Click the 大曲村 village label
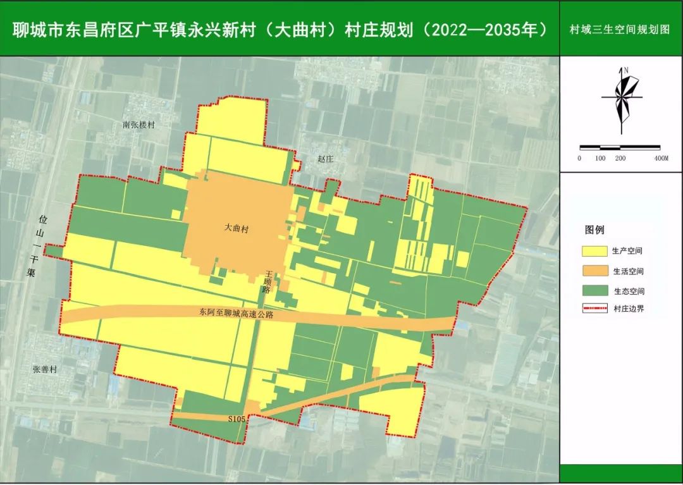tap(236, 229)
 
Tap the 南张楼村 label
tap(138, 125)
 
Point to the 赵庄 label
tap(325, 159)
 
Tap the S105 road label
tap(237, 418)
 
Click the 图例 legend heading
tap(594, 230)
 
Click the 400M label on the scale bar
tap(661, 158)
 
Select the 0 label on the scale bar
tap(579, 158)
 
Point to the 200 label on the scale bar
tap(620, 158)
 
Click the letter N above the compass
tap(625, 70)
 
